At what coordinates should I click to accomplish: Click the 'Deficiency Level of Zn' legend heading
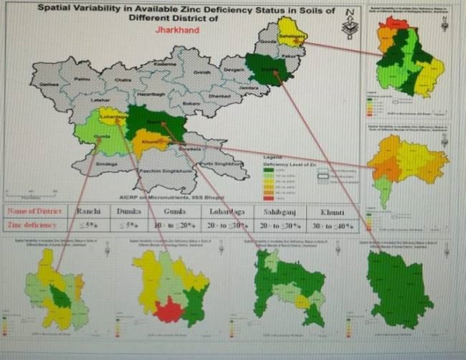(280, 161)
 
